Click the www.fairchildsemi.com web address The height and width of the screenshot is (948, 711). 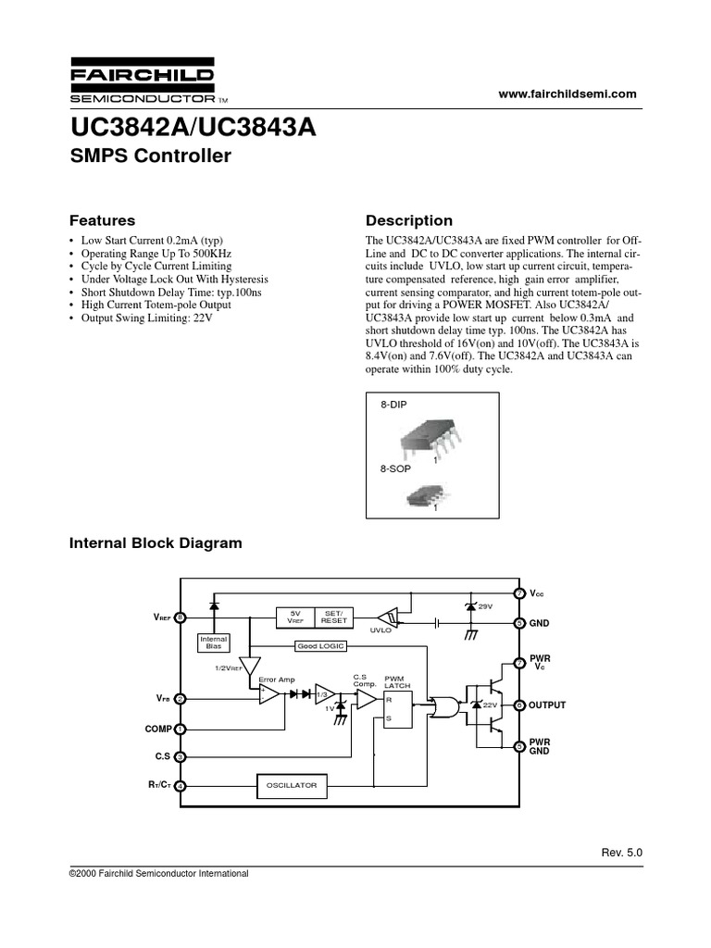pyautogui.click(x=568, y=94)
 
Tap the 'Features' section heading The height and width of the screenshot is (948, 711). pyautogui.click(x=103, y=220)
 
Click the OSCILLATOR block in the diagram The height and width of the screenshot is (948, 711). pyautogui.click(x=293, y=785)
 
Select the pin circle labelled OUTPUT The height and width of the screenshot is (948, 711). pyautogui.click(x=519, y=705)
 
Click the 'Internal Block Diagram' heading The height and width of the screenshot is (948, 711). pyautogui.click(x=156, y=543)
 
